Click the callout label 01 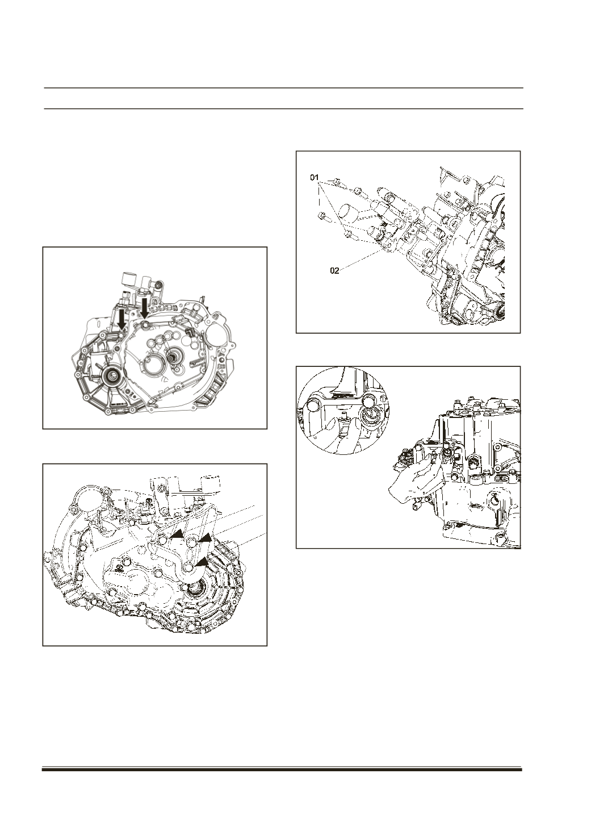pyautogui.click(x=315, y=178)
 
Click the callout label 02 pyautogui.click(x=335, y=271)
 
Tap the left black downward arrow pyautogui.click(x=121, y=320)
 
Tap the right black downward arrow pyautogui.click(x=145, y=307)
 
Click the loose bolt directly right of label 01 pyautogui.click(x=337, y=182)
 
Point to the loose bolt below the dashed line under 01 pyautogui.click(x=322, y=216)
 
